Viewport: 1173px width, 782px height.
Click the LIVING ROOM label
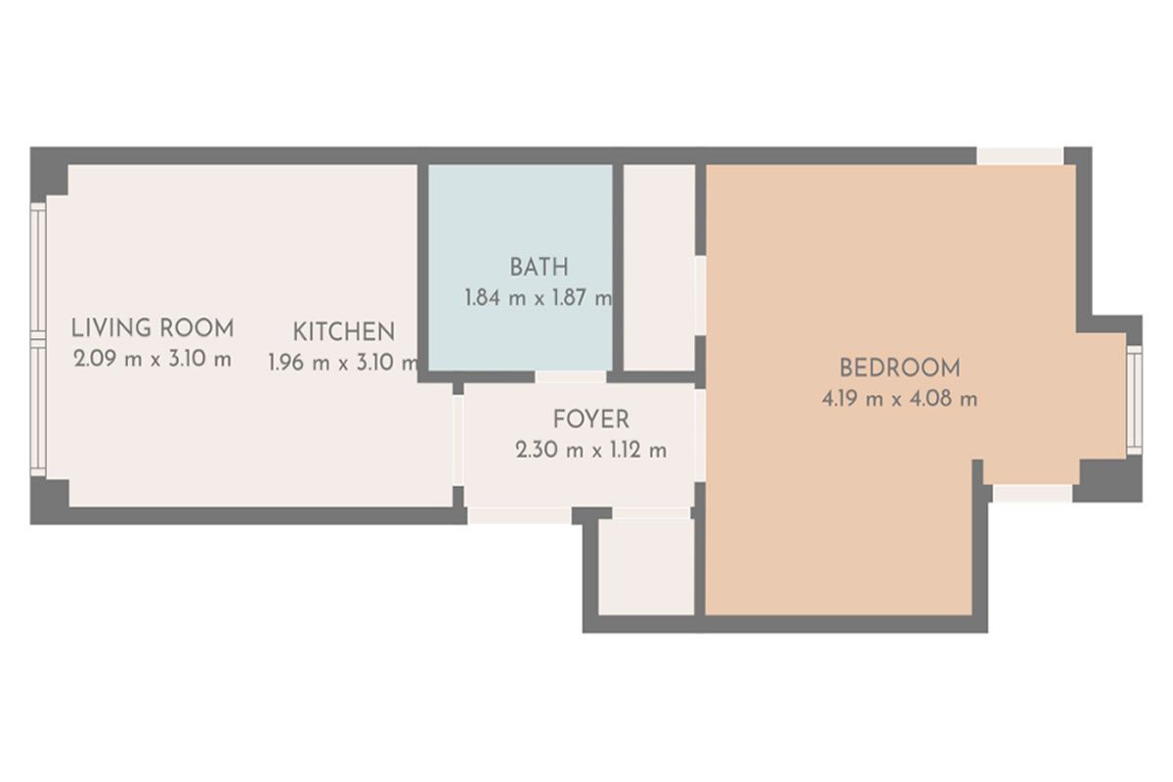coord(152,328)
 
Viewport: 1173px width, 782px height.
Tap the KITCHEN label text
coord(343,332)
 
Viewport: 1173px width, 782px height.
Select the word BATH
coord(539,268)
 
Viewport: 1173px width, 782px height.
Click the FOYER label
coord(591,419)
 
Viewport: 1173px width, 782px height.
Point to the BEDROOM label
coord(899,369)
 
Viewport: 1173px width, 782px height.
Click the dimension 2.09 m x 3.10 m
coord(152,360)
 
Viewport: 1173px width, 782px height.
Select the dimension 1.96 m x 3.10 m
coord(343,363)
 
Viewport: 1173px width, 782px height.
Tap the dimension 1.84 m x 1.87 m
coord(539,298)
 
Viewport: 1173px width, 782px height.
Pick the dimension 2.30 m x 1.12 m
coord(591,450)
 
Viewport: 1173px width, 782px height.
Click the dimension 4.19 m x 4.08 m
coord(899,399)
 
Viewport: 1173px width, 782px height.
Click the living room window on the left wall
coord(38,339)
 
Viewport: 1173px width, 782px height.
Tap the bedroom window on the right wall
coord(1134,400)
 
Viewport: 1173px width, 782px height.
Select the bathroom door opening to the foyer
coord(571,376)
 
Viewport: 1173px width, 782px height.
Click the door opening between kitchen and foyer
coord(457,441)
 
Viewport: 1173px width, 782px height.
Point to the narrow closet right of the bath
coord(659,268)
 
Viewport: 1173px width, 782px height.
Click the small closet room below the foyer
coord(646,566)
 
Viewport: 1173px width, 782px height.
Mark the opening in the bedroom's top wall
coord(1021,156)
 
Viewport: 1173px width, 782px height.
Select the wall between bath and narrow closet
coord(618,268)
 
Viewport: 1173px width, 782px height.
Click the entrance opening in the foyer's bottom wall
coord(519,516)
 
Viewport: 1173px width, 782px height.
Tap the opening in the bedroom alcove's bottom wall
coord(1032,494)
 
